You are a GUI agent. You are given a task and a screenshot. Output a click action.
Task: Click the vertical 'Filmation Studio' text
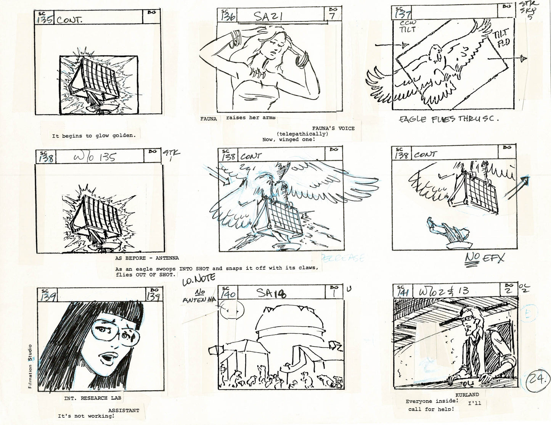click(x=31, y=367)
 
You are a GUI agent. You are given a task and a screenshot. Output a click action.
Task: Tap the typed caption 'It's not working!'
click(x=86, y=416)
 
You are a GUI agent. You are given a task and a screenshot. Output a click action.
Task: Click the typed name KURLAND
click(x=467, y=395)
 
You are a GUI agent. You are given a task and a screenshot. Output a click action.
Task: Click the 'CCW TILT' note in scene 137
click(x=408, y=26)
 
